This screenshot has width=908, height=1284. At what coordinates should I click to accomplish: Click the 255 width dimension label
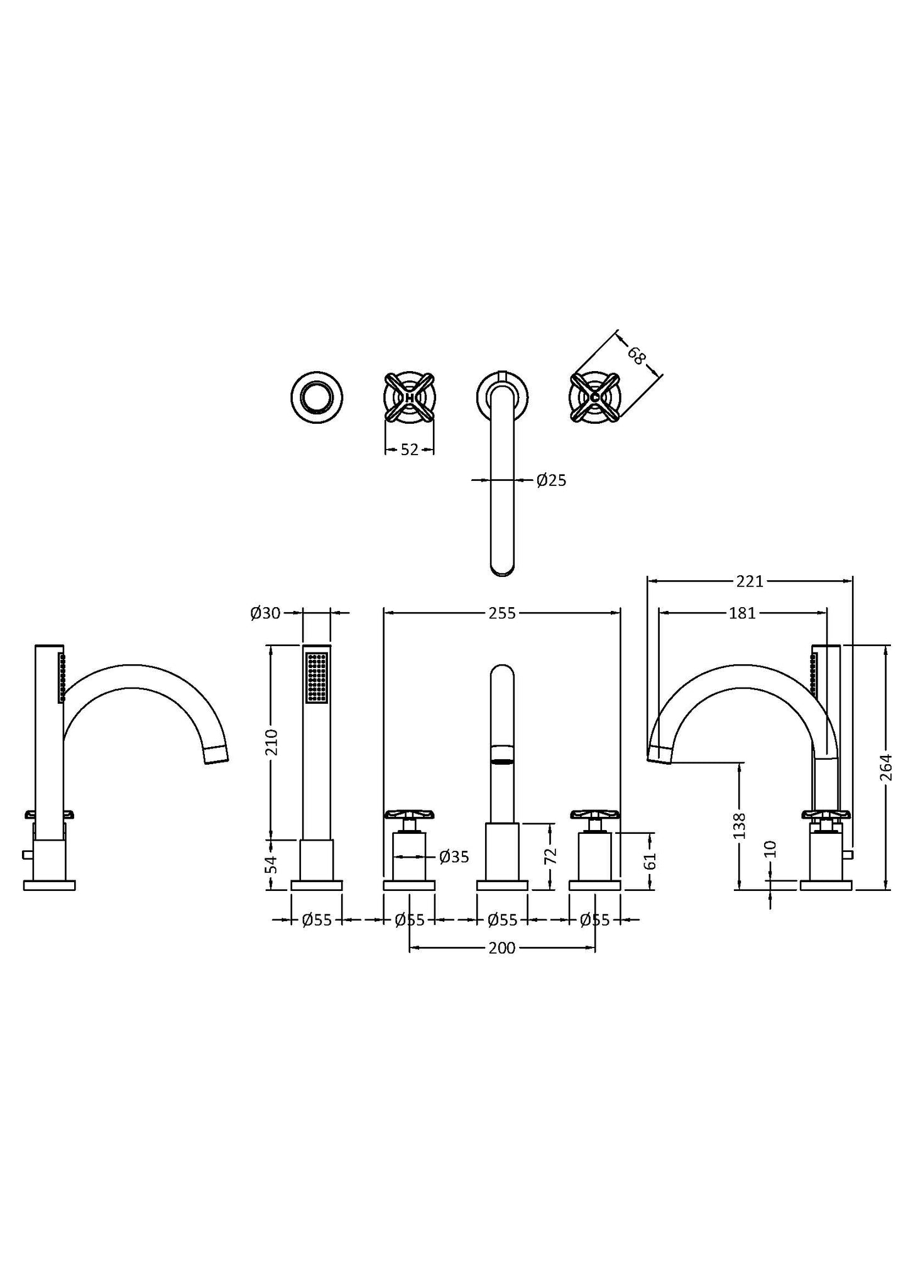(x=502, y=613)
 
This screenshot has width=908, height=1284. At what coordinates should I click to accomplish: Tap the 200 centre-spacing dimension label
(x=501, y=948)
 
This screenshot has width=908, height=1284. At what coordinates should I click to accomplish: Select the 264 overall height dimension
(x=885, y=767)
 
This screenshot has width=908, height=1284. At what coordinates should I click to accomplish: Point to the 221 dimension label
(x=750, y=581)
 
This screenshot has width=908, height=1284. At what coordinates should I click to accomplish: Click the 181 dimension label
(x=742, y=613)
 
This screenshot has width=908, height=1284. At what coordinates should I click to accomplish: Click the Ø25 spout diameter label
(x=552, y=480)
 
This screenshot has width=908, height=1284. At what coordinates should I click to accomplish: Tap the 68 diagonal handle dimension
(x=636, y=356)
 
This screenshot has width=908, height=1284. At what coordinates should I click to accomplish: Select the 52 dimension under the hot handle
(x=409, y=450)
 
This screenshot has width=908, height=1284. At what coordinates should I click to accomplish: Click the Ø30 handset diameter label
(x=265, y=613)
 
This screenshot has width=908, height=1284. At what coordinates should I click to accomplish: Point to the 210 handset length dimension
(x=271, y=742)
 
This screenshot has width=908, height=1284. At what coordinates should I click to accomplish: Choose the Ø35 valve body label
(x=454, y=856)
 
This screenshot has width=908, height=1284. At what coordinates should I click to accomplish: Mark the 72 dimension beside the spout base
(x=551, y=855)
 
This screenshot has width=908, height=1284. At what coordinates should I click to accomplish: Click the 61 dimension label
(x=650, y=860)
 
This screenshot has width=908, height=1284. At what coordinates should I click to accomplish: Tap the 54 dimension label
(x=271, y=865)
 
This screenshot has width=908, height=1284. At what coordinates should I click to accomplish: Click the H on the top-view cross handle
(x=409, y=397)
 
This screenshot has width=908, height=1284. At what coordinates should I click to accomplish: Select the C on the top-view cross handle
(x=594, y=397)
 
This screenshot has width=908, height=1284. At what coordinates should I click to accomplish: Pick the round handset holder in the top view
(x=317, y=397)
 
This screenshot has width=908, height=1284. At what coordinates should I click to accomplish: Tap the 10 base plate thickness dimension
(x=772, y=849)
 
